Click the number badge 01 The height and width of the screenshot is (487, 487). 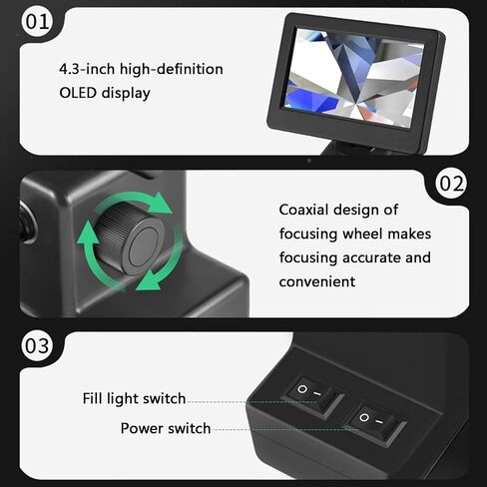coord(37,22)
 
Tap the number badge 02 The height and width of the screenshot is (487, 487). coord(451,184)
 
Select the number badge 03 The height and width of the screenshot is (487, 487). coord(37,345)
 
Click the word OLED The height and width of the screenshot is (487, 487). coord(78,93)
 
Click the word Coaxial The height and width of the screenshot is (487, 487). coord(303,210)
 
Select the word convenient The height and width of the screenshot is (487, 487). coord(317,282)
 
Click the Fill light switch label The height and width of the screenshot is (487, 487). coord(134,398)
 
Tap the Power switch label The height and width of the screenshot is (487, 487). coord(166,428)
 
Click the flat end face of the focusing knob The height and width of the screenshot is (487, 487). coord(144,246)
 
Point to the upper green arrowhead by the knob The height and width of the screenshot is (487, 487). coord(160,203)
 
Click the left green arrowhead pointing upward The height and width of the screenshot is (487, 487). coord(88,233)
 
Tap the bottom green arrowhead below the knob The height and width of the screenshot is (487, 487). coord(149,280)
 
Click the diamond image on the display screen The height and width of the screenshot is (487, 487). coord(352,76)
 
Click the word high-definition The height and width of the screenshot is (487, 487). coord(172,69)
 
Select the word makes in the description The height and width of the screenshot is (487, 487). coord(409,234)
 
